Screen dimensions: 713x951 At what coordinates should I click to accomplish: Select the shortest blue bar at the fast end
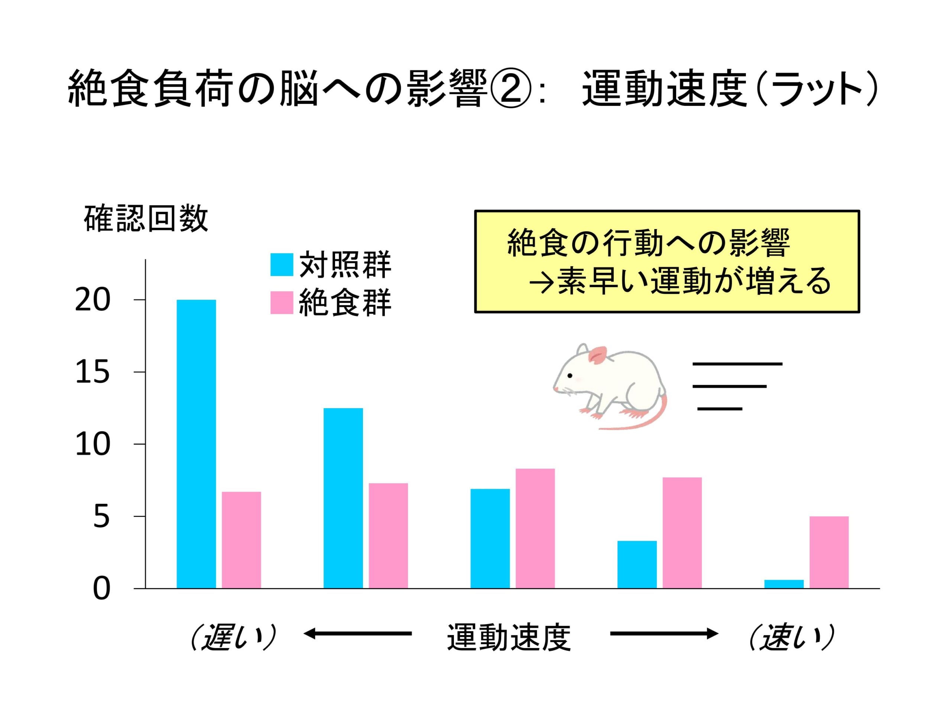point(784,584)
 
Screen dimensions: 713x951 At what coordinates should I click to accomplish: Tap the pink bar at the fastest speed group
point(829,552)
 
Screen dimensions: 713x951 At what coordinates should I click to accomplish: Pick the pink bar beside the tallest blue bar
point(241,539)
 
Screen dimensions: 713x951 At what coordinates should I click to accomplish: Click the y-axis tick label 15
point(92,372)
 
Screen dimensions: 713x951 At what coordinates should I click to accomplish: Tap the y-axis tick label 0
point(101,589)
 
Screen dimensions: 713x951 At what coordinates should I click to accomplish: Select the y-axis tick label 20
point(92,300)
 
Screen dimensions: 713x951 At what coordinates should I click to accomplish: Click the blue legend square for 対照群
point(282,265)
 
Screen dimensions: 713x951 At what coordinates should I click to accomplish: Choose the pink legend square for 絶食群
point(282,303)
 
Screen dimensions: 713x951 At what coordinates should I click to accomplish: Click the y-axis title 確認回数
point(146,219)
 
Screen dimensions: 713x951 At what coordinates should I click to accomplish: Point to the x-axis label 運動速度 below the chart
point(509,637)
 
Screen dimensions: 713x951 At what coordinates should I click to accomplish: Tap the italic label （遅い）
point(233,637)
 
